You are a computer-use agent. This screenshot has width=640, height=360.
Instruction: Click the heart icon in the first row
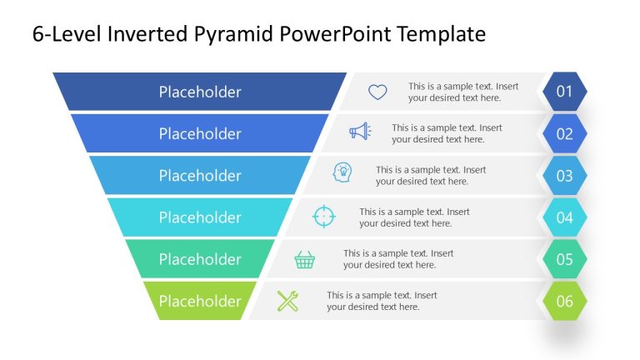[377, 92]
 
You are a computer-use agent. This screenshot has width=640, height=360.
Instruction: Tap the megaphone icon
[360, 132]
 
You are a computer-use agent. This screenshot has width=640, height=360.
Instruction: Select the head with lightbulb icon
[342, 172]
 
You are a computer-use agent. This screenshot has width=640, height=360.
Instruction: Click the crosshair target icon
[323, 217]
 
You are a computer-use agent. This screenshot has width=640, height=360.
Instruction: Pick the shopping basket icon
[305, 260]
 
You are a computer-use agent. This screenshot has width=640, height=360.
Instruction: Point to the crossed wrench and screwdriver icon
[287, 301]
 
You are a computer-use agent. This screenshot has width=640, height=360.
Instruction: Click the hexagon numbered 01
[564, 92]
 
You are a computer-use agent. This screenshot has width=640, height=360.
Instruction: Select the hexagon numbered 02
[564, 133]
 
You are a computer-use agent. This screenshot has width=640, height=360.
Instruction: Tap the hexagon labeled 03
[564, 176]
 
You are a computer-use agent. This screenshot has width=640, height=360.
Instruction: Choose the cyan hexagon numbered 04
[564, 217]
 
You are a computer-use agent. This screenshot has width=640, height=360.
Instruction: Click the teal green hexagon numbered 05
[564, 259]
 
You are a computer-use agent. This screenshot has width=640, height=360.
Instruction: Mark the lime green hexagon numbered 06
[564, 301]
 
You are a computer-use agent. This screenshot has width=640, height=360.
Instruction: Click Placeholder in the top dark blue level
[200, 92]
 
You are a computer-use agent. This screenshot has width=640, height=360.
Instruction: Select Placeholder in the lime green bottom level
[200, 301]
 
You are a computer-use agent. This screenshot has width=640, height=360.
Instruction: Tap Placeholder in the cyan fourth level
[200, 217]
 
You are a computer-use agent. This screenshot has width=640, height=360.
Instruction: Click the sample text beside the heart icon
[463, 92]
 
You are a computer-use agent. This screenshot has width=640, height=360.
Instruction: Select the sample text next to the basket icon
[398, 259]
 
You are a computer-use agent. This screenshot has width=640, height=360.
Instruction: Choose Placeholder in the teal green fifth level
[200, 259]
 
